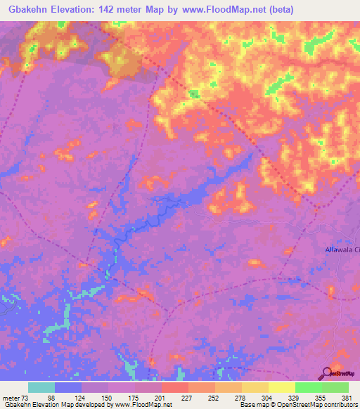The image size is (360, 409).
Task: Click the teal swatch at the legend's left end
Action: (x=41, y=388)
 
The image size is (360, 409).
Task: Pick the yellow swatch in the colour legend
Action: (x=282, y=388)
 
